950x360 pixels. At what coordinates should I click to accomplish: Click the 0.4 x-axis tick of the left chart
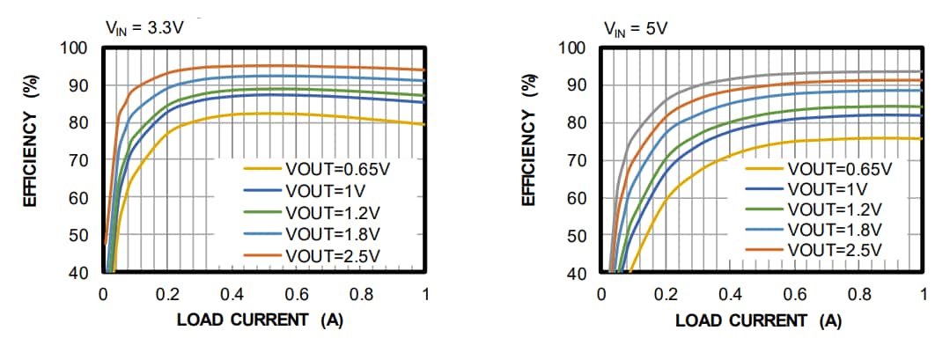point(232,294)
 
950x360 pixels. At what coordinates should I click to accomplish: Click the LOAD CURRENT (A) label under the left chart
point(260,320)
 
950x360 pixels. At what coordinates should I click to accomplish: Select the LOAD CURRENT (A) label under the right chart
point(758,320)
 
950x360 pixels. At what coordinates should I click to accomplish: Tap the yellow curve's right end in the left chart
point(424,124)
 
